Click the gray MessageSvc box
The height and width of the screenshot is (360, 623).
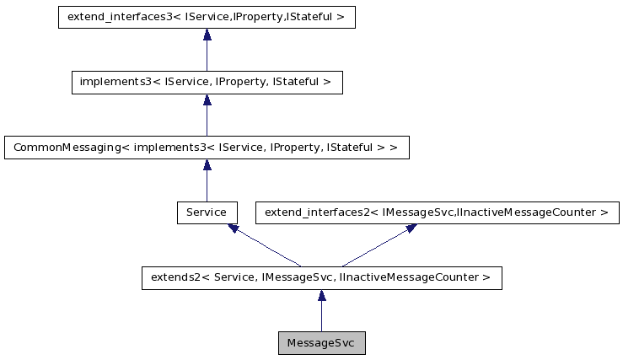point(321,343)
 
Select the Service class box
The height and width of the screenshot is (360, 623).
point(207,212)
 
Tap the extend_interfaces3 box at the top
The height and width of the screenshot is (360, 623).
point(207,17)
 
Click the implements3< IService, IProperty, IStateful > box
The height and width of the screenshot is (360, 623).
point(207,83)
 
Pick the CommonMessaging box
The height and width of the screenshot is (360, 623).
point(207,148)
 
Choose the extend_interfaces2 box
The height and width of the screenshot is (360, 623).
point(437,212)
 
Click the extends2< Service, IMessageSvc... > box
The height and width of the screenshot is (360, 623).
point(321,277)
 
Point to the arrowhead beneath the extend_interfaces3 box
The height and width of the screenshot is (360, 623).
point(207,35)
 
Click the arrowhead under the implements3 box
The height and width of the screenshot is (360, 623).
point(207,100)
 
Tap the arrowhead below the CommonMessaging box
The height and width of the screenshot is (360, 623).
point(207,165)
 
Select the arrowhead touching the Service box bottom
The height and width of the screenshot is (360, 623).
point(232,228)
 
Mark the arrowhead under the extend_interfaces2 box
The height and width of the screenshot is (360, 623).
point(411,228)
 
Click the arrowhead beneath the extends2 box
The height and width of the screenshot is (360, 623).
point(321,296)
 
